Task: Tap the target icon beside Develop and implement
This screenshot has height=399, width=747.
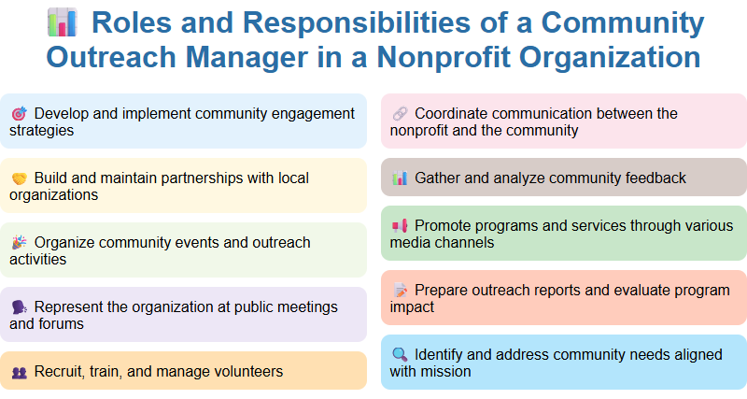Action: point(19,114)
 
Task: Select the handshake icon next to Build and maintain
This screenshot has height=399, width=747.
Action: point(19,178)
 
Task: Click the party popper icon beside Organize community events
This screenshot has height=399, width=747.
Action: point(19,243)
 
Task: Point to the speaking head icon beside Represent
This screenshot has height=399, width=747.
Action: point(19,307)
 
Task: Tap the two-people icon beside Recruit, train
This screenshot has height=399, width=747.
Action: point(19,372)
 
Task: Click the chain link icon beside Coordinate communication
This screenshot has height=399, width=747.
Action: point(400,114)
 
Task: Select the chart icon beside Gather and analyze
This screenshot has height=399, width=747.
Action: point(400,178)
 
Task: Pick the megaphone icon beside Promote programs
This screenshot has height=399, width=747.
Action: point(400,226)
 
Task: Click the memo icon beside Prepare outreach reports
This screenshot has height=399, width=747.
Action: point(400,291)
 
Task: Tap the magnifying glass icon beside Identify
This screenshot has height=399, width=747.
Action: point(400,355)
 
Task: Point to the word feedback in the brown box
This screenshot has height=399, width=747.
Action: point(654,178)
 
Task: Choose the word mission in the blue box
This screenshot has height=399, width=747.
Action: point(447,371)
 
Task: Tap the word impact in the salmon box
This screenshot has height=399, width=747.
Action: point(413,306)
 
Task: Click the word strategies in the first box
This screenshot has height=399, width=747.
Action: point(42,131)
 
